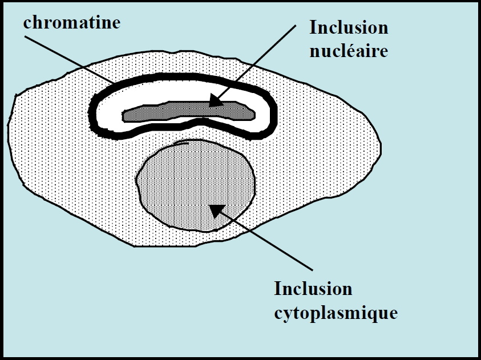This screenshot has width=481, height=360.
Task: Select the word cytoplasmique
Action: pyautogui.click(x=336, y=313)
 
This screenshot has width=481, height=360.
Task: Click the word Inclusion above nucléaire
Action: pyautogui.click(x=349, y=27)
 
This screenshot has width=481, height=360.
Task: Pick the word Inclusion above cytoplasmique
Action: pyautogui.click(x=313, y=289)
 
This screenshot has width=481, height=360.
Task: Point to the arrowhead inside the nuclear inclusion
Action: pyautogui.click(x=214, y=102)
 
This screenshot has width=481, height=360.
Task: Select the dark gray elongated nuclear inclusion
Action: pyautogui.click(x=171, y=112)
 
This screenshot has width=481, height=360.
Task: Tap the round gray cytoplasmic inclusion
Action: pyautogui.click(x=183, y=188)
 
